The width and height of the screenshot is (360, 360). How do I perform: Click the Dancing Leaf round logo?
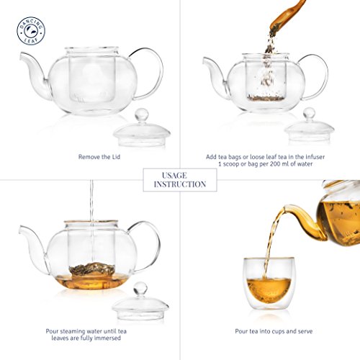(x=31, y=31)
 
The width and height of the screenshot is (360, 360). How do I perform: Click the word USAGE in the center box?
(x=174, y=176)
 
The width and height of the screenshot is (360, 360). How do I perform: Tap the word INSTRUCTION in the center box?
(x=180, y=184)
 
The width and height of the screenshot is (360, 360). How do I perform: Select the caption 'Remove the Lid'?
(x=99, y=157)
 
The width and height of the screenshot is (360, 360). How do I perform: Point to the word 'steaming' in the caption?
(x=72, y=331)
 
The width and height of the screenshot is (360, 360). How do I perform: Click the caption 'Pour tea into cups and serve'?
(x=274, y=331)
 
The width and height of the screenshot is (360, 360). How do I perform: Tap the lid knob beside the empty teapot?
(x=141, y=114)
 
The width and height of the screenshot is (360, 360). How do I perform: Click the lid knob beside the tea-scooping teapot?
(x=309, y=113)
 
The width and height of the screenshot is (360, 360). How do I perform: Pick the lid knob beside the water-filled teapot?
(x=140, y=288)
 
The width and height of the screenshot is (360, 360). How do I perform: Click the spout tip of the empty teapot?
(x=21, y=55)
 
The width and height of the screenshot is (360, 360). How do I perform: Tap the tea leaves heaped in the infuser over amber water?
(x=92, y=269)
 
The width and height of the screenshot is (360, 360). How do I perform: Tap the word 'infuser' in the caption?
(x=315, y=157)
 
